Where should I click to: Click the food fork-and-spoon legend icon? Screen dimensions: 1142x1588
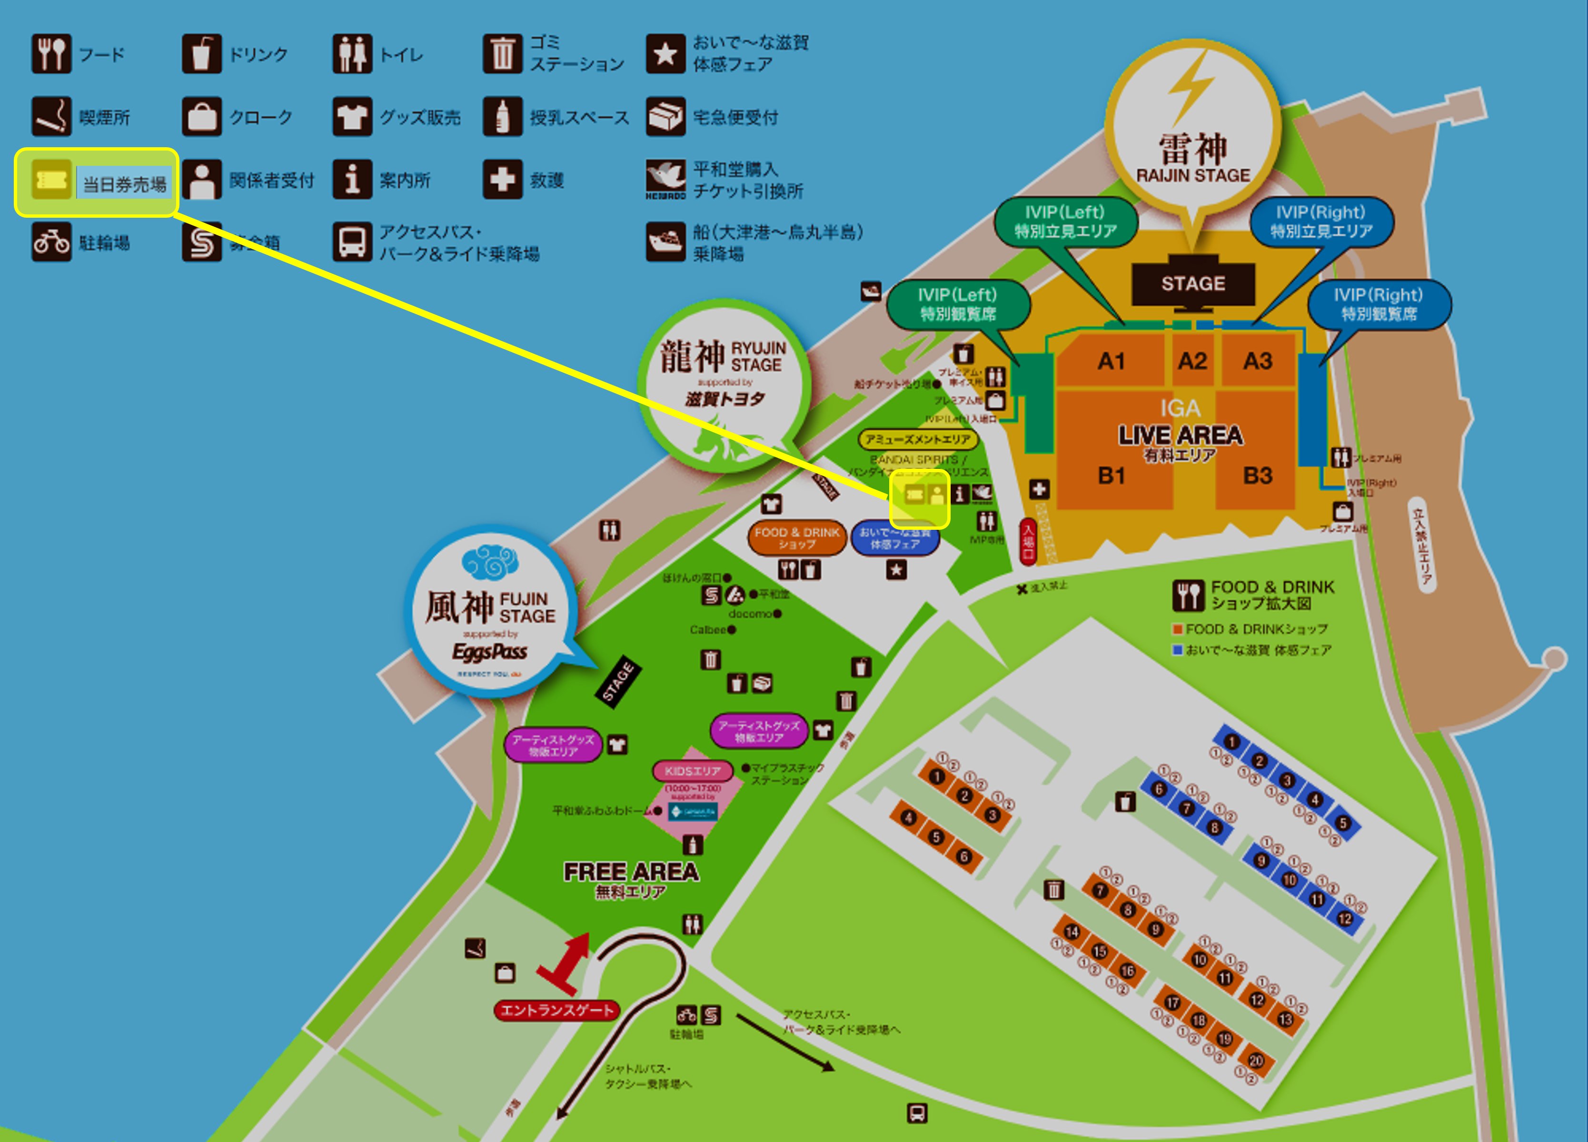(x=51, y=54)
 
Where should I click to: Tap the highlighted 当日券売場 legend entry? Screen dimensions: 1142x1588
(x=97, y=183)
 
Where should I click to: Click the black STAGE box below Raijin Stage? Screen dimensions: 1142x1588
(x=1193, y=283)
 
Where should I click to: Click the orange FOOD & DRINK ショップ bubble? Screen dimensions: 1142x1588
(x=797, y=538)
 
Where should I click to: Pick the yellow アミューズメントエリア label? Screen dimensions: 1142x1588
(x=917, y=439)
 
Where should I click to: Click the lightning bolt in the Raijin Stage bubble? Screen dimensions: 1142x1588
(x=1191, y=88)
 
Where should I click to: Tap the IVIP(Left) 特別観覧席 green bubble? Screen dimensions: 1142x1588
(x=958, y=304)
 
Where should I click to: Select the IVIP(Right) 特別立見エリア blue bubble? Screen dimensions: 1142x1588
(x=1321, y=222)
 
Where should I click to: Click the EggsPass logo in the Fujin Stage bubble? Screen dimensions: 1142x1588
(x=489, y=652)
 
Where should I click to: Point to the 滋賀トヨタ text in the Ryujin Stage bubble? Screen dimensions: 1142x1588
(x=725, y=399)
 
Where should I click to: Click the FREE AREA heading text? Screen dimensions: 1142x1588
(x=631, y=871)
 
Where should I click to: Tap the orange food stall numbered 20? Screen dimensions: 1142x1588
(x=1255, y=1061)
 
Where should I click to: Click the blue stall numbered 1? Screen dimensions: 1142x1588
(x=1231, y=742)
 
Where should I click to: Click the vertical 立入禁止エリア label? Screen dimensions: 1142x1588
(x=1423, y=546)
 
